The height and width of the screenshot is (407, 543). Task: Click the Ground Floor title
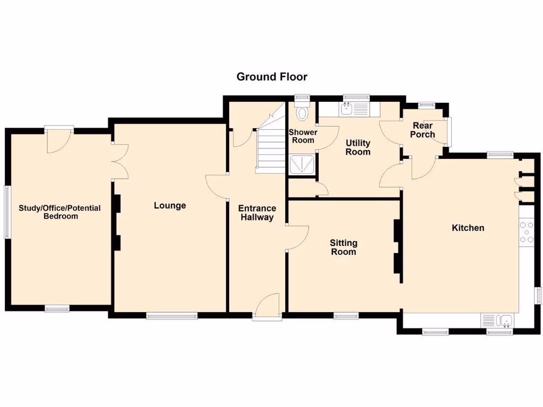(x=271, y=77)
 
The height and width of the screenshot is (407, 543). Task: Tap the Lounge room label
(x=170, y=206)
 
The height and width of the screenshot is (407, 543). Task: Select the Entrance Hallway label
(x=257, y=213)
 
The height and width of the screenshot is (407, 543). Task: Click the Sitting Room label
(x=343, y=247)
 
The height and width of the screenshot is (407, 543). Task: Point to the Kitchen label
(x=468, y=228)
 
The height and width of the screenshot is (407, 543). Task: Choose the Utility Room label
(x=358, y=147)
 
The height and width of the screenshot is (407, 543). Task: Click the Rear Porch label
(x=423, y=130)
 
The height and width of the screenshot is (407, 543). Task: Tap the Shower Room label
(x=303, y=136)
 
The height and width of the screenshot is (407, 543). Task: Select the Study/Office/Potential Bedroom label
(x=59, y=212)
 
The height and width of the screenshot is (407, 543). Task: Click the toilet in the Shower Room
(x=303, y=113)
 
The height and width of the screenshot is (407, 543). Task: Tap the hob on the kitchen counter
(x=527, y=232)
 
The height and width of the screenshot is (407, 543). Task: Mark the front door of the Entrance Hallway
(x=267, y=308)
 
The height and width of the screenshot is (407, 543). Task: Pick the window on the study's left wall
(x=7, y=211)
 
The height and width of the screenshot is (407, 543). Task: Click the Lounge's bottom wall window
(x=172, y=316)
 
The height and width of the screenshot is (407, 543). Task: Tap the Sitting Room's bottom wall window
(x=346, y=316)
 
